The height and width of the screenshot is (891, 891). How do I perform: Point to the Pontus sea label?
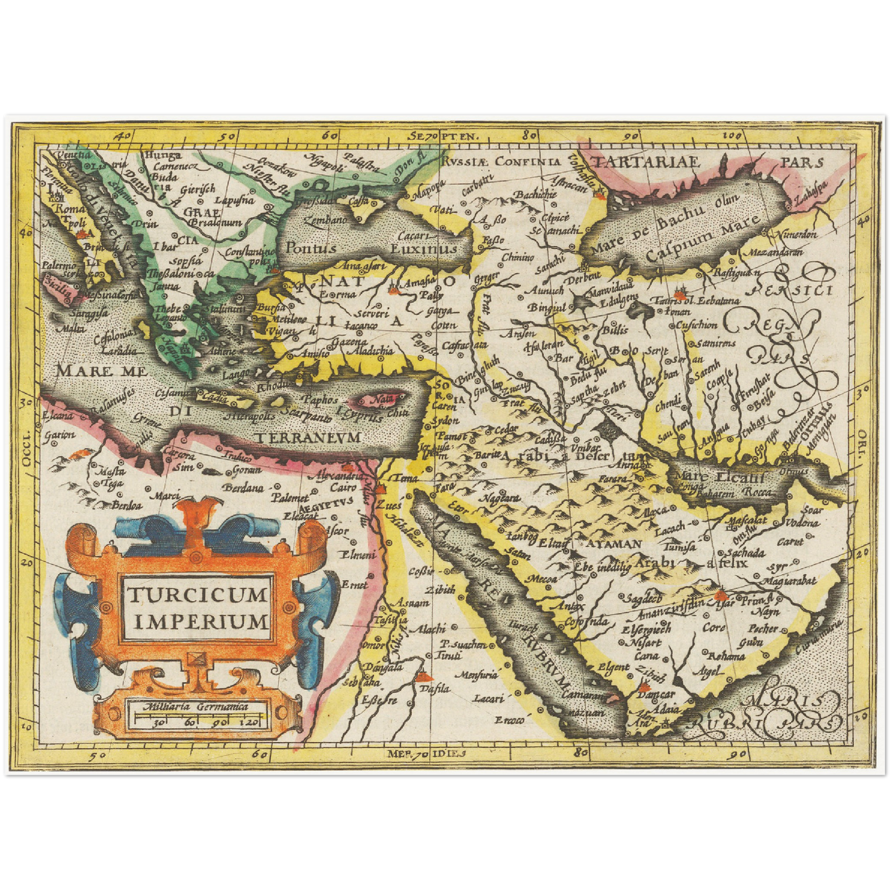click(x=310, y=248)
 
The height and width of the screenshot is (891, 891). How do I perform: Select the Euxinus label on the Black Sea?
click(x=424, y=249)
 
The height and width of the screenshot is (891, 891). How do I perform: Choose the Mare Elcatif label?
click(x=719, y=476)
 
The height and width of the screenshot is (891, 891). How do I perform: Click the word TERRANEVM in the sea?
click(x=308, y=437)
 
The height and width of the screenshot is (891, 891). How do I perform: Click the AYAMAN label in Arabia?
click(x=614, y=544)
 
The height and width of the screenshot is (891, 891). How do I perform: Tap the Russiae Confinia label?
click(x=501, y=162)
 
